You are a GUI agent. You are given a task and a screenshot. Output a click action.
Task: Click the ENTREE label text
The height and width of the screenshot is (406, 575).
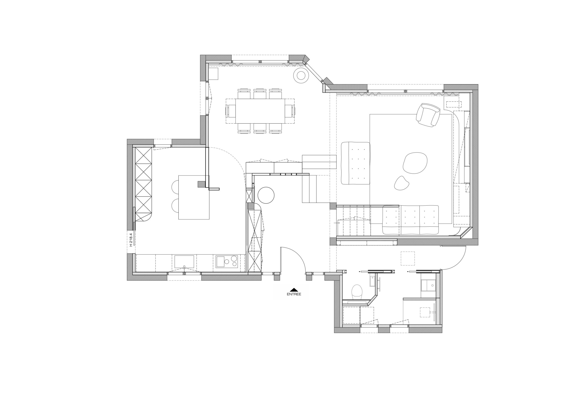click(294, 294)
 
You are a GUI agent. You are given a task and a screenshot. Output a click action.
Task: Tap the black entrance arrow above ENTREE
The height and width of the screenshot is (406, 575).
click(294, 290)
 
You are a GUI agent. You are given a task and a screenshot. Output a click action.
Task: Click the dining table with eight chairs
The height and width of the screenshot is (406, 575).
click(260, 111)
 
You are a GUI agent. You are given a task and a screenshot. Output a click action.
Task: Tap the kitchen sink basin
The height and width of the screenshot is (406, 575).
click(184, 262)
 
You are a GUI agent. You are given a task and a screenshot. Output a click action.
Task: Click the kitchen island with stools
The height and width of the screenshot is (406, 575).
click(194, 198)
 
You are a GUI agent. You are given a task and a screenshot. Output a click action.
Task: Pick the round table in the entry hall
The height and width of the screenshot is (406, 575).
click(266, 195)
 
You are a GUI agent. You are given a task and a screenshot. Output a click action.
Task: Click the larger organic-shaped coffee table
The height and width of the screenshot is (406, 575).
click(415, 163)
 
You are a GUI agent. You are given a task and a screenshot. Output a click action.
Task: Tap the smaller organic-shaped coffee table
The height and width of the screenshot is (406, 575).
click(401, 183)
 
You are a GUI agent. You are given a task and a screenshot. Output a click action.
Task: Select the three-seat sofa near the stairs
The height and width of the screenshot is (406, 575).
click(410, 220)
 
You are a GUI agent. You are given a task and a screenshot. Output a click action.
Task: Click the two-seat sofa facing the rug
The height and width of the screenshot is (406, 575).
click(355, 163)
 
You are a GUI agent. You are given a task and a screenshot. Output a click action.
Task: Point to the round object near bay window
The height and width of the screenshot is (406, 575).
click(301, 76)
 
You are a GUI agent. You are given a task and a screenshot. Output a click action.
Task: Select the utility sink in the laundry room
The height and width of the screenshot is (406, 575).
click(428, 285)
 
